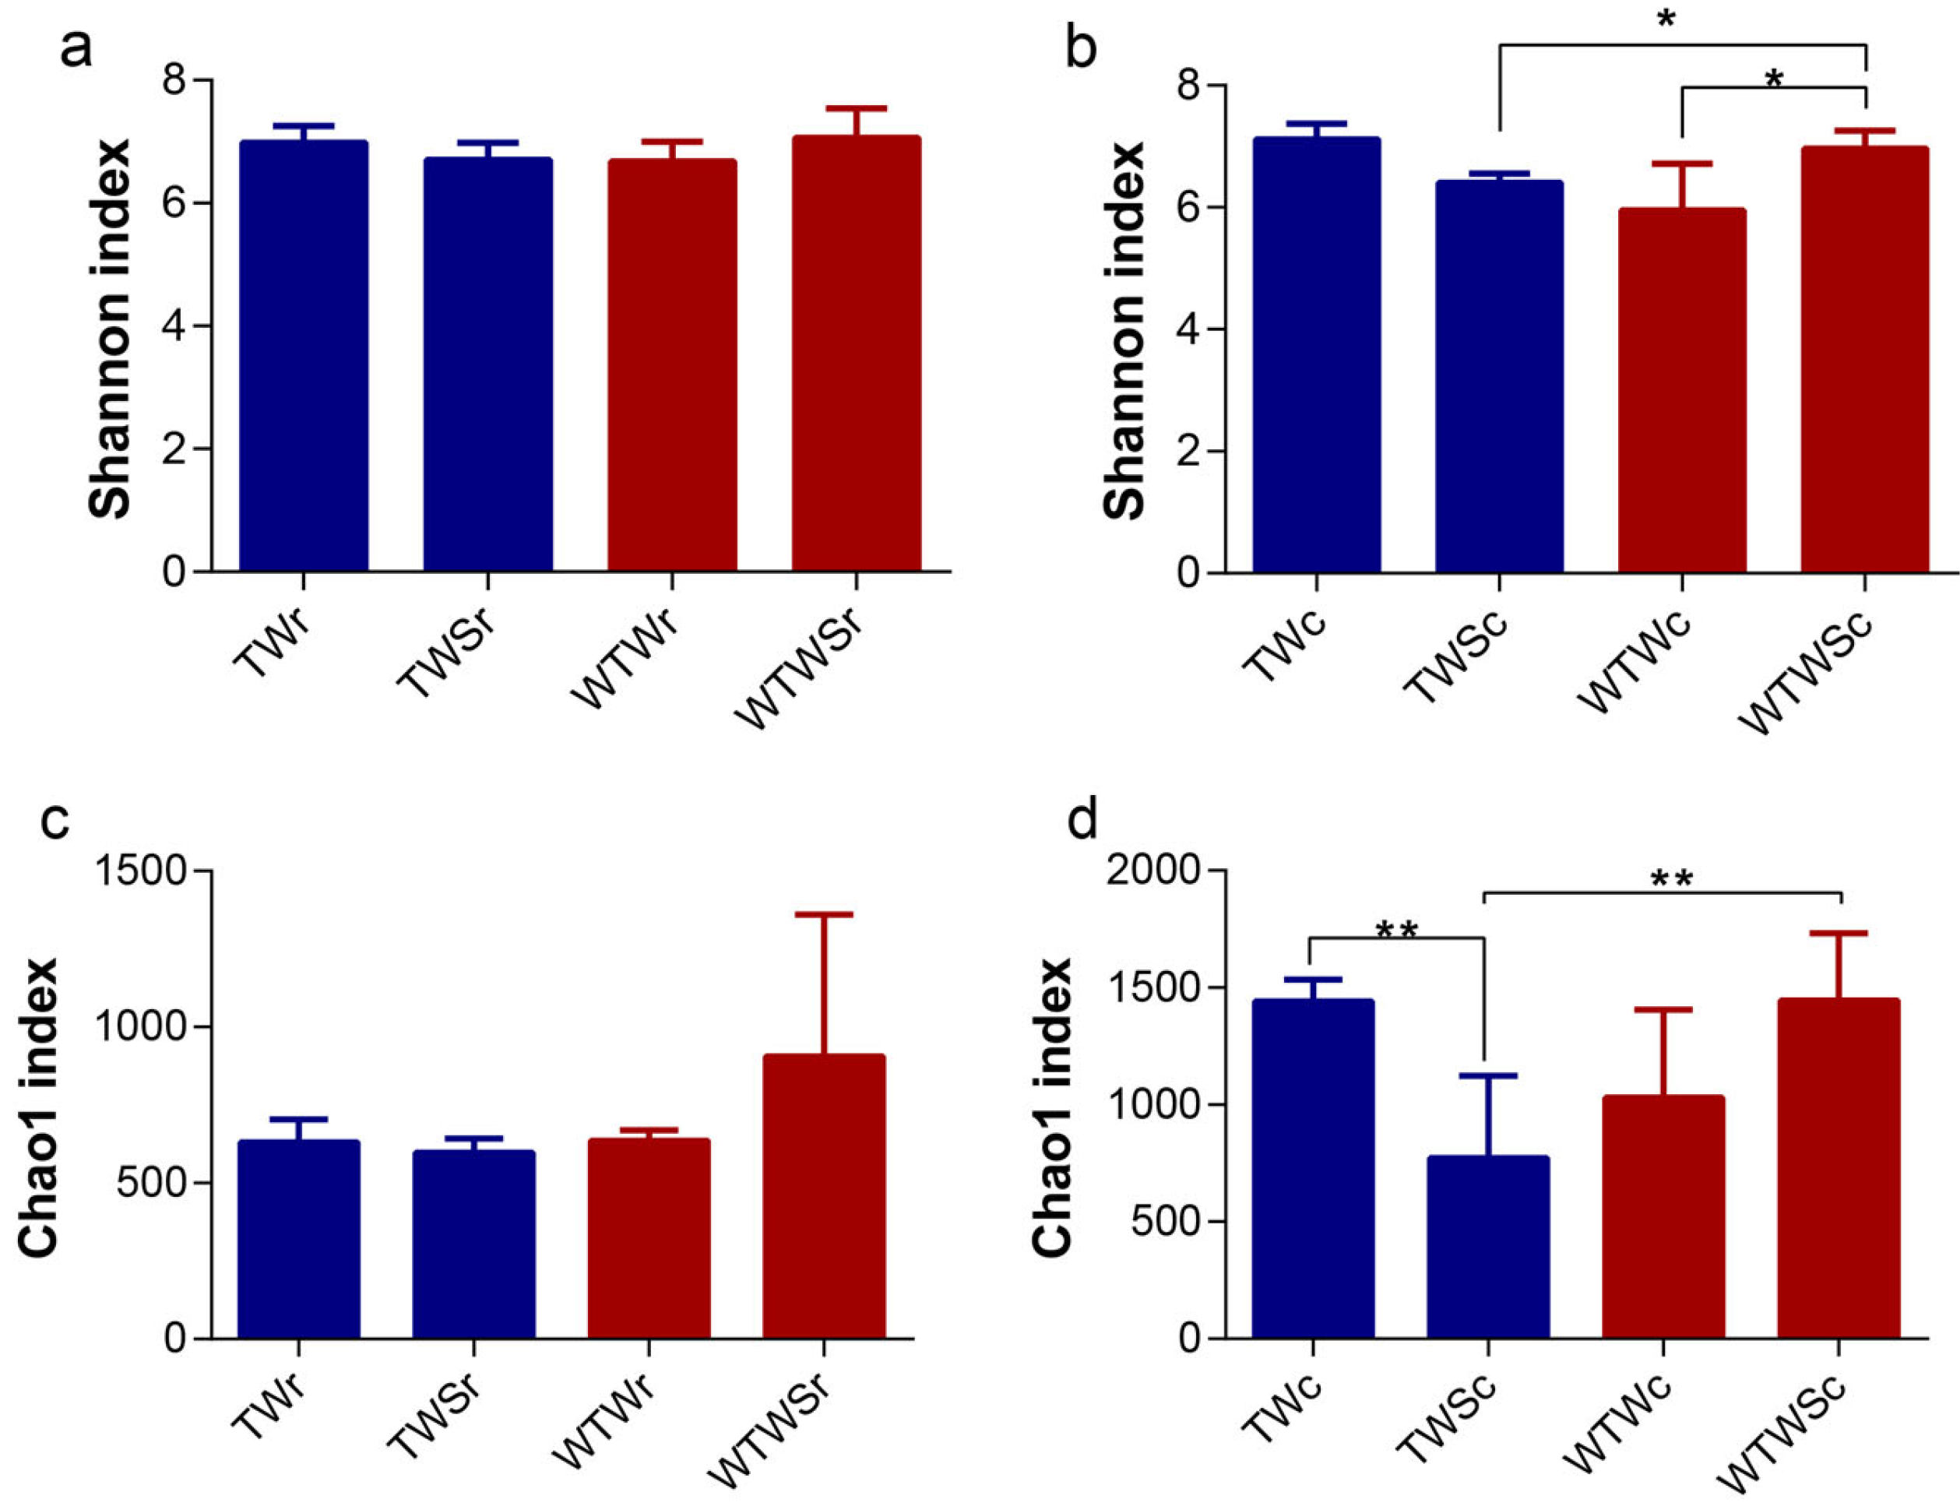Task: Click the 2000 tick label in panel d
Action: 1153,871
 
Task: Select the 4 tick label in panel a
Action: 174,325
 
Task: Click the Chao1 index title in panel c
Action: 38,1108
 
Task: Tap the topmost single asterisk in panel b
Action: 1665,19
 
